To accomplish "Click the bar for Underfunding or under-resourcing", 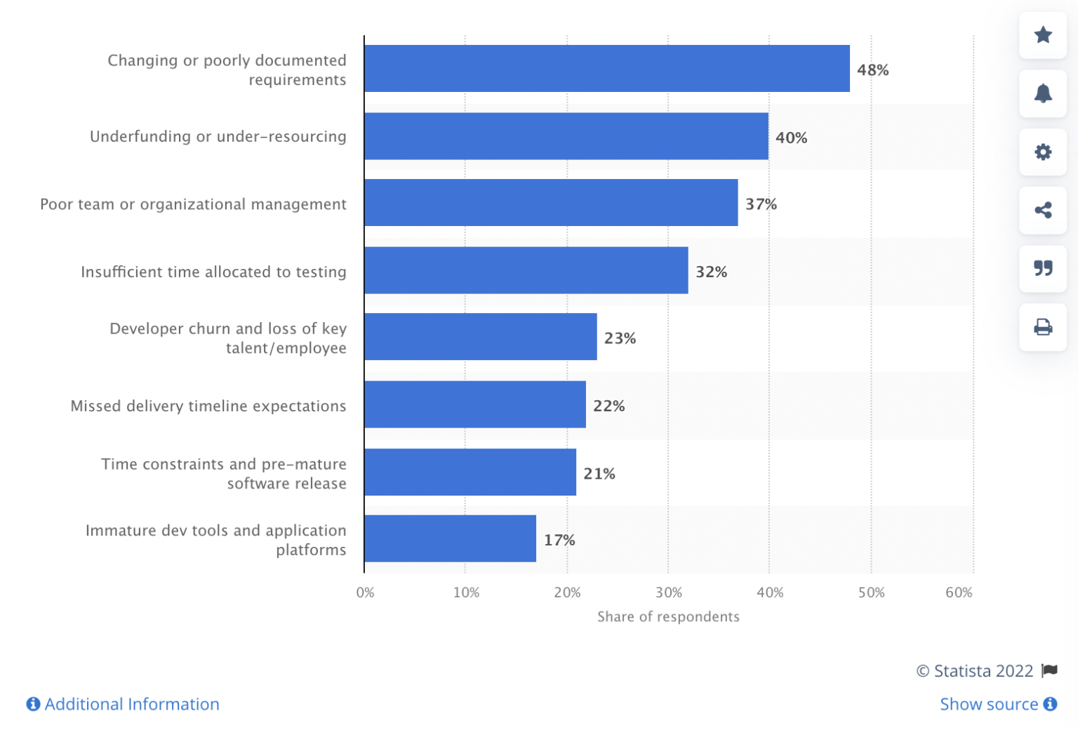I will click(x=566, y=136).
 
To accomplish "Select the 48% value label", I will click(x=872, y=70).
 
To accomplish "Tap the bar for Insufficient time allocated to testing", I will click(x=526, y=270).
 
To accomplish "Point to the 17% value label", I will click(x=559, y=540).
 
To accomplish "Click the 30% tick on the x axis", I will click(x=668, y=592).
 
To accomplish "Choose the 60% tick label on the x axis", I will click(x=959, y=592).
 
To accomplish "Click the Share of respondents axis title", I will click(x=668, y=616).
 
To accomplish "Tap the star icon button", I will click(x=1043, y=35).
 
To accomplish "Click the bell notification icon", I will click(x=1043, y=93).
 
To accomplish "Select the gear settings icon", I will click(x=1043, y=152).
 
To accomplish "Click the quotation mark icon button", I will click(x=1043, y=268).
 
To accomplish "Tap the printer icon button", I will click(x=1043, y=327).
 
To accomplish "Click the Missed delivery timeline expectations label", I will click(x=208, y=406).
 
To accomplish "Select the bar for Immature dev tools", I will click(x=450, y=538).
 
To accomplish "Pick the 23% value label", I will click(x=620, y=338).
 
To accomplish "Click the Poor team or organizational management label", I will click(x=193, y=204).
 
